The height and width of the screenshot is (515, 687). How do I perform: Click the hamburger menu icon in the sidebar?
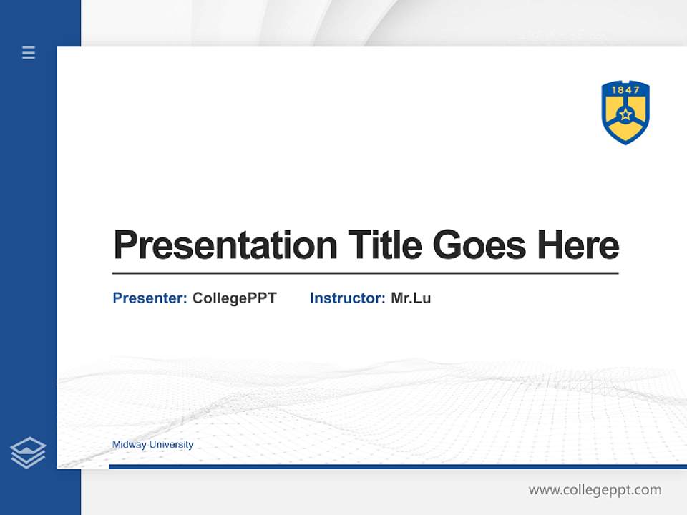tap(29, 52)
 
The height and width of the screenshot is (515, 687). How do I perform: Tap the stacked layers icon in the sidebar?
tap(28, 453)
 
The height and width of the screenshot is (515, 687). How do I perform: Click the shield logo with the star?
tap(625, 112)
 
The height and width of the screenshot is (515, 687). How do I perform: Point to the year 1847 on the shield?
tap(625, 91)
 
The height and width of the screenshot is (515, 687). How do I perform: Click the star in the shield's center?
tap(625, 114)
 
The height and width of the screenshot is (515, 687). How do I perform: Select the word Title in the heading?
tap(384, 245)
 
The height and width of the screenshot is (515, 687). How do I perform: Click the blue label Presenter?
tap(150, 298)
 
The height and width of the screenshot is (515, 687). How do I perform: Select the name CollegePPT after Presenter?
tap(234, 298)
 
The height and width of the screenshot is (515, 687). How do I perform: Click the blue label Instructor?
tap(347, 298)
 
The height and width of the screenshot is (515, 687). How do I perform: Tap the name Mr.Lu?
tap(411, 298)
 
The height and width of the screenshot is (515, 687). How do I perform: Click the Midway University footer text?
tap(152, 445)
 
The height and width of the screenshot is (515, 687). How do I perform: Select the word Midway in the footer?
tap(128, 445)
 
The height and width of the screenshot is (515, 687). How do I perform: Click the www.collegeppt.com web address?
tap(595, 490)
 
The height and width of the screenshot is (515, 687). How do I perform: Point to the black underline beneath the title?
tap(365, 273)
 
